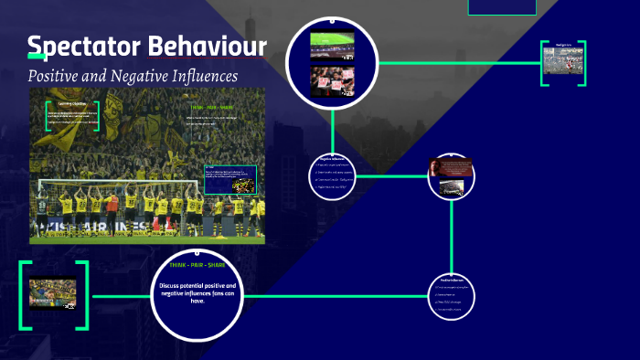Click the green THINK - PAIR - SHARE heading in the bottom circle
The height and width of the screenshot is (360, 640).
[197, 265]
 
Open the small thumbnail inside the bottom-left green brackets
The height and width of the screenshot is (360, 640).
[52, 293]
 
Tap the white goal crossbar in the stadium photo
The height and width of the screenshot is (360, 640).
[101, 182]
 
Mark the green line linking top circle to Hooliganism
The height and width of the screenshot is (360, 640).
[457, 62]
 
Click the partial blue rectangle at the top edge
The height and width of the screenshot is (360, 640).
[502, 6]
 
